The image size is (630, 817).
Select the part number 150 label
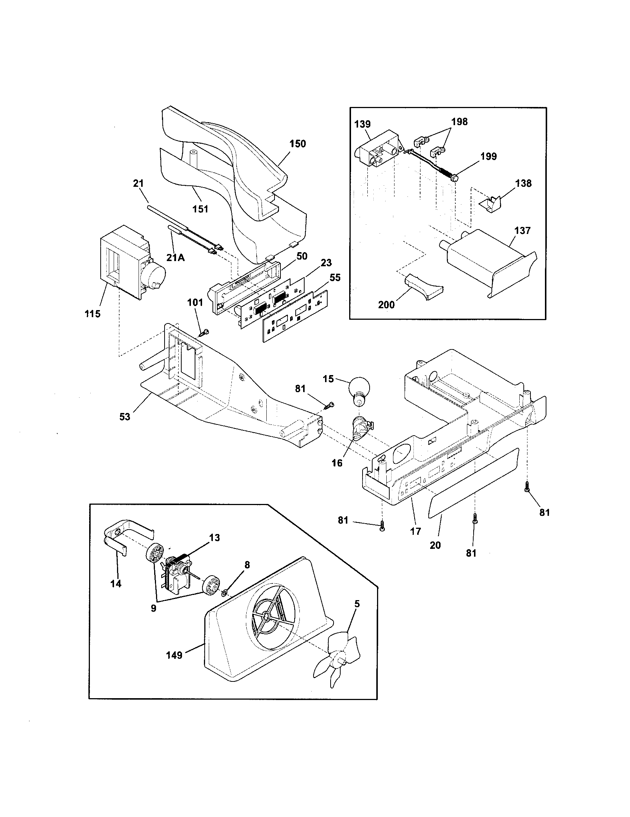(x=298, y=144)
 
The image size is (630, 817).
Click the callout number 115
(x=92, y=314)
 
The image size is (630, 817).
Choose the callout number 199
(x=488, y=156)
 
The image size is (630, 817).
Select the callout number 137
(x=522, y=231)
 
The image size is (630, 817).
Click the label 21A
(x=175, y=258)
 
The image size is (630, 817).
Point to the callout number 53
(x=124, y=416)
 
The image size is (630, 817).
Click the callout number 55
(x=335, y=277)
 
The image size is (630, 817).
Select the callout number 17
(x=416, y=531)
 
